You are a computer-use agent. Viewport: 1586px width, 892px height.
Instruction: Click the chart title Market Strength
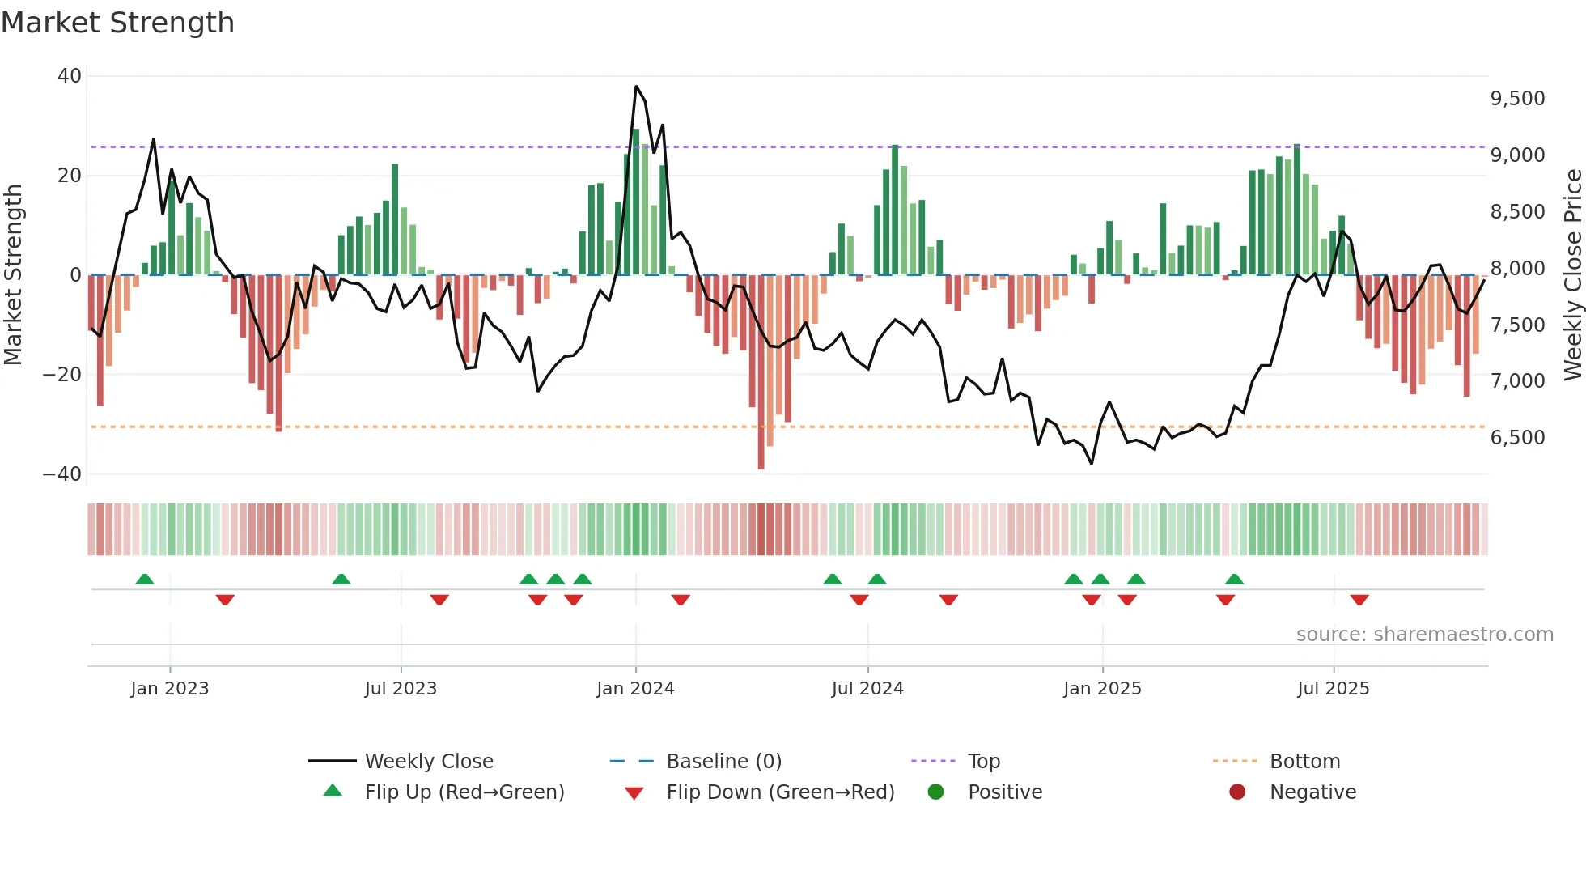pyautogui.click(x=117, y=23)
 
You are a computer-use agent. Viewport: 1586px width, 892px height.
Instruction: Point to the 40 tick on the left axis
pyautogui.click(x=70, y=76)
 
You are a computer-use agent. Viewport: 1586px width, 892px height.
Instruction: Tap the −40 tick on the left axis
pyautogui.click(x=62, y=474)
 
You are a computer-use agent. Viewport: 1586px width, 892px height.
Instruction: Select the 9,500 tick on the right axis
pyautogui.click(x=1517, y=99)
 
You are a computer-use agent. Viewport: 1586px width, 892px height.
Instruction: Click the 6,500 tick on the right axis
pyautogui.click(x=1517, y=438)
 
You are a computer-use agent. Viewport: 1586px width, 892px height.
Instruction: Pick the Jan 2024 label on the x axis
pyautogui.click(x=635, y=689)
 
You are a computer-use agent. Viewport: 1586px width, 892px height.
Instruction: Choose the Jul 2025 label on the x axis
pyautogui.click(x=1333, y=689)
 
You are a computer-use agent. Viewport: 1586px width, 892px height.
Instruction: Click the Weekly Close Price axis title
pyautogui.click(x=1572, y=274)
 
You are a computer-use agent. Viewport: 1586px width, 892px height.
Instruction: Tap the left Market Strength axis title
pyautogui.click(x=13, y=274)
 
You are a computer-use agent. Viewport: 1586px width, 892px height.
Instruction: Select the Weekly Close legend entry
pyautogui.click(x=428, y=762)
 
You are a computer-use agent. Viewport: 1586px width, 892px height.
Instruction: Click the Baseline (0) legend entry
pyautogui.click(x=723, y=762)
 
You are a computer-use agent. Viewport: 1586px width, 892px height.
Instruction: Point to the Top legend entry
pyautogui.click(x=983, y=762)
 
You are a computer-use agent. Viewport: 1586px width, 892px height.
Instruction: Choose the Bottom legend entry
pyautogui.click(x=1304, y=762)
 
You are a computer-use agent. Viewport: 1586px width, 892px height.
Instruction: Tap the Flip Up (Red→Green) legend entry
pyautogui.click(x=464, y=792)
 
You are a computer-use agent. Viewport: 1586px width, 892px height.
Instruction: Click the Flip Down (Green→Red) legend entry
pyautogui.click(x=780, y=792)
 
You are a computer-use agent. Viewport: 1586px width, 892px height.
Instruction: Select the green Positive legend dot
pyautogui.click(x=936, y=792)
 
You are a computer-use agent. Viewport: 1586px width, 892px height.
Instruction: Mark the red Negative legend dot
pyautogui.click(x=1237, y=792)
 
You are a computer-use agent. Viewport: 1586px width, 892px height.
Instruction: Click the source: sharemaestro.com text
pyautogui.click(x=1424, y=635)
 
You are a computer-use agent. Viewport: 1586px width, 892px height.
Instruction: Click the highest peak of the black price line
pyautogui.click(x=636, y=86)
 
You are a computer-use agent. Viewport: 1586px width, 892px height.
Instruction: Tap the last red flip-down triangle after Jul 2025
pyautogui.click(x=1359, y=600)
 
